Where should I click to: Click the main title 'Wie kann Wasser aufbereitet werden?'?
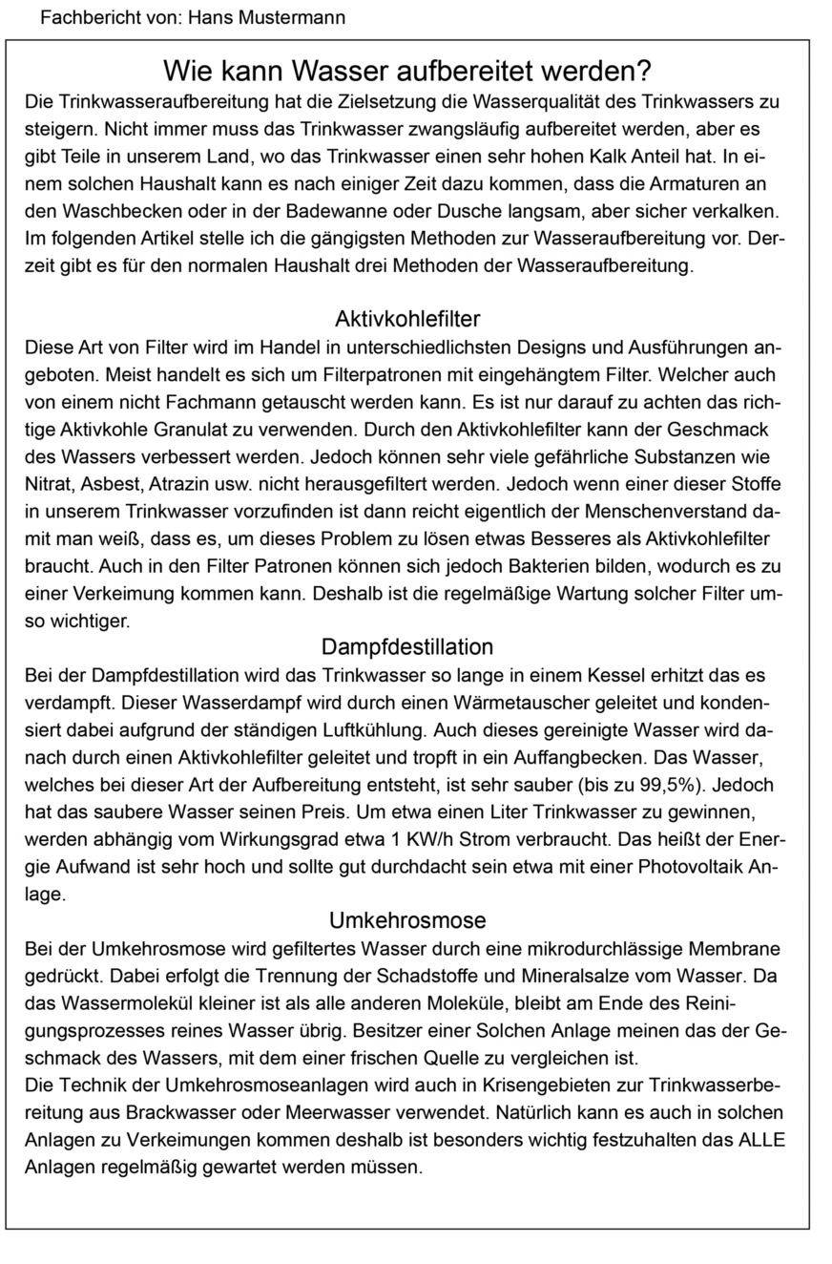[x=407, y=71]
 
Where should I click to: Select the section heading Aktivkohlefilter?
[x=407, y=318]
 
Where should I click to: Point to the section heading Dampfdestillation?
[x=407, y=647]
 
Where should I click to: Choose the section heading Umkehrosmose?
[x=407, y=921]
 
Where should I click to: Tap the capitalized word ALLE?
[x=759, y=1140]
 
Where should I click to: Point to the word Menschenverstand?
[x=646, y=512]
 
